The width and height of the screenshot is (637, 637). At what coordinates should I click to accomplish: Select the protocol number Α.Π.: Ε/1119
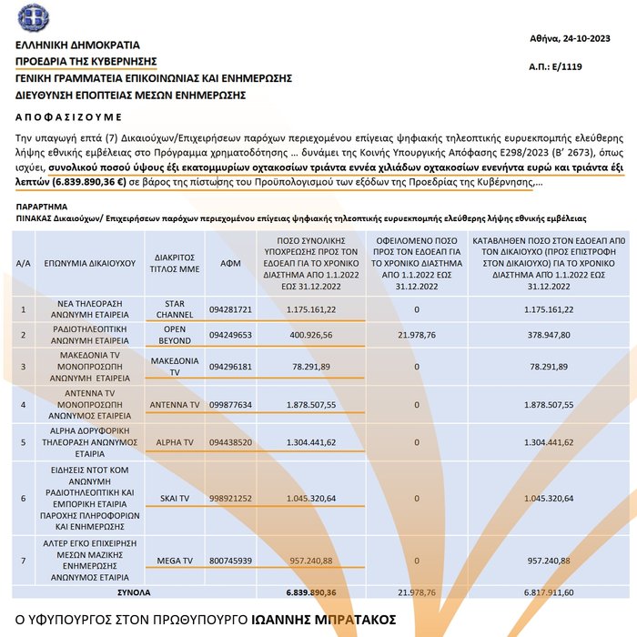coord(556,67)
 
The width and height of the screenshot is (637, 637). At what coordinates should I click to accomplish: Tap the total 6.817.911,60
coord(548,591)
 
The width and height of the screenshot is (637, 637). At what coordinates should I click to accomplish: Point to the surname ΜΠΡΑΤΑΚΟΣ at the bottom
coord(345,620)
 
